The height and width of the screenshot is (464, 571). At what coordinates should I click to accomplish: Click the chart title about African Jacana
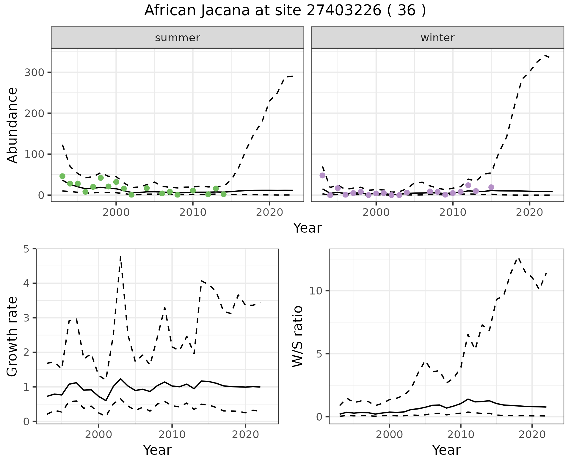pos(285,11)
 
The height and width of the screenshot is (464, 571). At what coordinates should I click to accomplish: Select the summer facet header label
pos(178,38)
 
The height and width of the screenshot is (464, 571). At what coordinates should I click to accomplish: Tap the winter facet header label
pos(437,38)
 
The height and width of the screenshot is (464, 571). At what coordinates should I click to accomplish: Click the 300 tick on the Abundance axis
pos(34,73)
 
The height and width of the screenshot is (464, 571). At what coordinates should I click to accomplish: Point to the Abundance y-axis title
pos(12,125)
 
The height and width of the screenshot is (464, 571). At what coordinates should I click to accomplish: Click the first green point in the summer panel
pos(62,176)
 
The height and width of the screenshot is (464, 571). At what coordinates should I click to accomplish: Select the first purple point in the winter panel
pos(322,175)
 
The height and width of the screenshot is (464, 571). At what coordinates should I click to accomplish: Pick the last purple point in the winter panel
pos(491,187)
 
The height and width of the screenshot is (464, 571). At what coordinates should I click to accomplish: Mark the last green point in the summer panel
pos(224,194)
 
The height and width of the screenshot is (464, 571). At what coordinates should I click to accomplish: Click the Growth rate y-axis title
pos(12,336)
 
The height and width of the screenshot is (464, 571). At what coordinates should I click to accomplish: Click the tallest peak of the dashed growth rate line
pos(120,256)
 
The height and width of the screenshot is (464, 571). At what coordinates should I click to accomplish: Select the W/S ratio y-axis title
pos(297,336)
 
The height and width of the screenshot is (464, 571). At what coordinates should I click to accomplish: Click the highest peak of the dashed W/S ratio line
pos(518,258)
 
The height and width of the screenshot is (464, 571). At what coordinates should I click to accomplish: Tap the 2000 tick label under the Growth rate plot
pos(98,435)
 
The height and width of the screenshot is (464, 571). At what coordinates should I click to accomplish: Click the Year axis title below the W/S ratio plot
pos(446,450)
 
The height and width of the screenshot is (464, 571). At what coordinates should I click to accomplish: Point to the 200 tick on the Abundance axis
pos(34,113)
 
